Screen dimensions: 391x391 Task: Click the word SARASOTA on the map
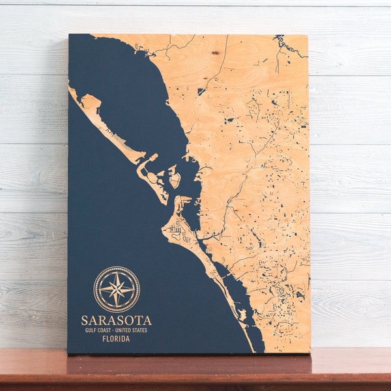(116, 320)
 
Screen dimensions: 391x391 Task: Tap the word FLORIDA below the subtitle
(116, 338)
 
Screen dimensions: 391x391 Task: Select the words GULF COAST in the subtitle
(98, 330)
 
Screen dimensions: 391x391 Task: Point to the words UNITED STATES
(132, 330)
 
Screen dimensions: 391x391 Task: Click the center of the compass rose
(117, 289)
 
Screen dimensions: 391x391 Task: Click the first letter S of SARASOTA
(85, 320)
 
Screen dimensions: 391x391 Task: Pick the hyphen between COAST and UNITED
(113, 330)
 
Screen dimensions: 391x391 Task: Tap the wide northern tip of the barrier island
(90, 102)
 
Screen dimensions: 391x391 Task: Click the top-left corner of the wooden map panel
(69, 35)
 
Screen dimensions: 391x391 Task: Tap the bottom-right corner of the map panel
(310, 353)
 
